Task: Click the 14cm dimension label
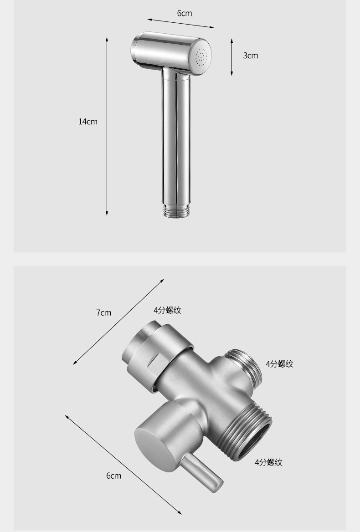tap(88, 122)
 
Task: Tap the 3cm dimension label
tap(251, 56)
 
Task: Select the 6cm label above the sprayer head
tap(185, 13)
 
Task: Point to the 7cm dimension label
tap(103, 312)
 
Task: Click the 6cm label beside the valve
tap(113, 476)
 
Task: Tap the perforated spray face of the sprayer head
tap(201, 56)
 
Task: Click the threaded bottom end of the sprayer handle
tap(176, 210)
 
